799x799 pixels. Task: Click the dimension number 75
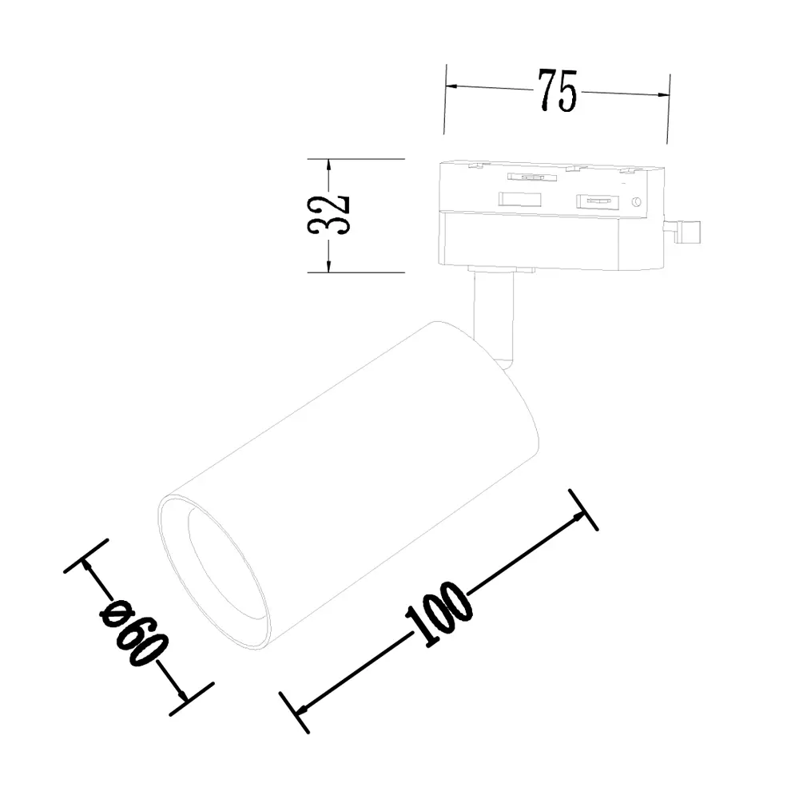[x=558, y=91]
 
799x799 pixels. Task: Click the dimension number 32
[x=328, y=215]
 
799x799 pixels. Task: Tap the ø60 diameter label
[x=134, y=632]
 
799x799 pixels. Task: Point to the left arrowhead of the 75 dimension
[x=452, y=85]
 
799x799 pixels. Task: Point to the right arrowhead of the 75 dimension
[x=662, y=94]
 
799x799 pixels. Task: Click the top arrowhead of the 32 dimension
[x=328, y=165]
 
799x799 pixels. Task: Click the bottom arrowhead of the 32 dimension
[x=328, y=265]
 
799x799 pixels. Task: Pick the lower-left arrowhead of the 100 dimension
[x=302, y=708]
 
